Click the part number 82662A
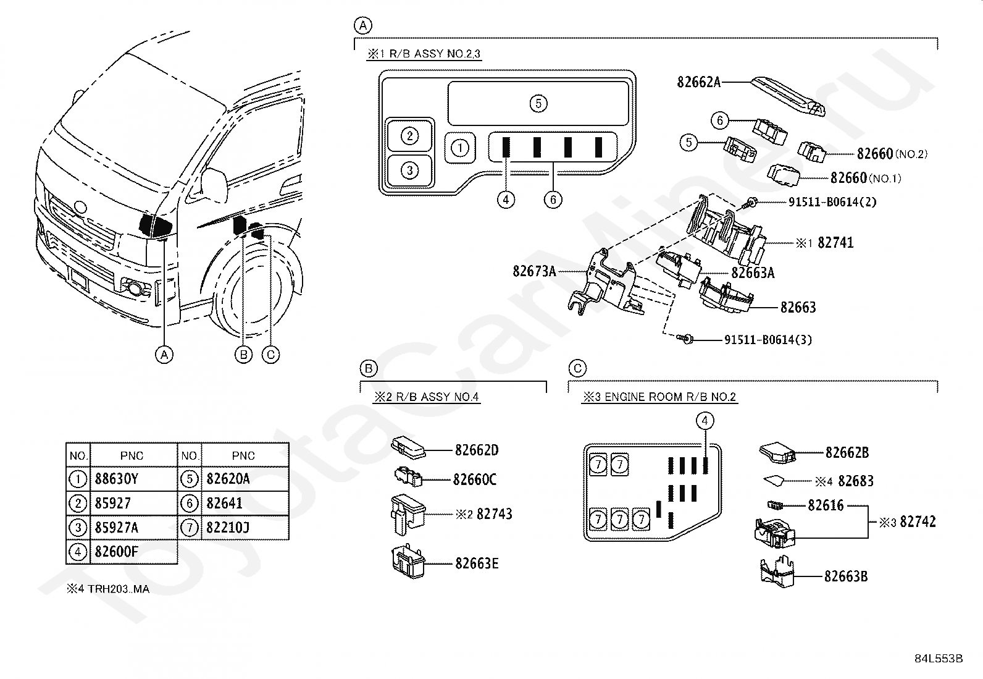point(698,82)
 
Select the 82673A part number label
point(535,271)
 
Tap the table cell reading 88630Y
point(117,479)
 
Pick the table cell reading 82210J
point(228,527)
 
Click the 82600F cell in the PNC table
point(116,552)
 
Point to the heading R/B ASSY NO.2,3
point(435,54)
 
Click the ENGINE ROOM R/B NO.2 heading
point(670,397)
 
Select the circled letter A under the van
point(164,355)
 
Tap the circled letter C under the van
point(270,355)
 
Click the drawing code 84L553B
point(939,659)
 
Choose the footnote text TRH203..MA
point(119,589)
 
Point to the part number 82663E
point(477,563)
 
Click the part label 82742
point(918,522)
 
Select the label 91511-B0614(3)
point(768,340)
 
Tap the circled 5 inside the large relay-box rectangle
point(538,104)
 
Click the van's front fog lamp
point(134,288)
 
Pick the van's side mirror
point(214,185)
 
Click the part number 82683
point(856,481)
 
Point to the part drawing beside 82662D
point(408,447)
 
